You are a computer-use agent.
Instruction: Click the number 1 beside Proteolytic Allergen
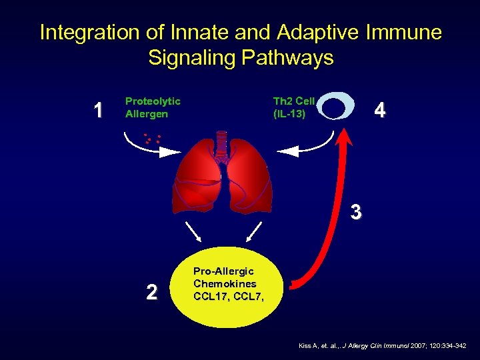coord(99,110)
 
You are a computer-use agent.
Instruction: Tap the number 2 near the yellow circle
coord(152,292)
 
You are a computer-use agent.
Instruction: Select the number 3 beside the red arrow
coord(357,212)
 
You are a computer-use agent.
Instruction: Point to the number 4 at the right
coord(379,110)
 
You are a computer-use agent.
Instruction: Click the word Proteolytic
coord(153,101)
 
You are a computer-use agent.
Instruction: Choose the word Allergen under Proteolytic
coord(147,113)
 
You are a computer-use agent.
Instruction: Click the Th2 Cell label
coord(293,101)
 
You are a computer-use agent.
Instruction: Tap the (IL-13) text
coord(289,113)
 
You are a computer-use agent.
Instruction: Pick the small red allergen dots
coord(152,139)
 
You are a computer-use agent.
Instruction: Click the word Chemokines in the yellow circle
coord(225,284)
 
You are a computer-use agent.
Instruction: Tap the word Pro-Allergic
coord(223,272)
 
